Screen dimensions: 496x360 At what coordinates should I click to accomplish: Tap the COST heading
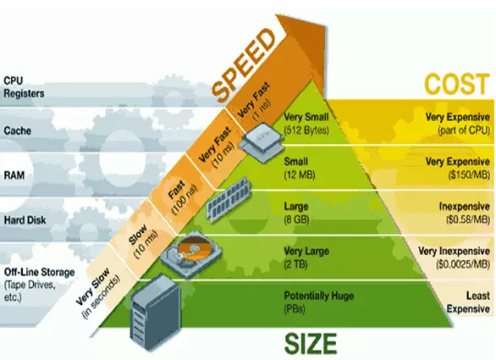click(x=456, y=84)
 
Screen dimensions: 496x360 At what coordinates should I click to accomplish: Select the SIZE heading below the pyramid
click(x=311, y=344)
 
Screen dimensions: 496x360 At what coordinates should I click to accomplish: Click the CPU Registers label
click(x=24, y=87)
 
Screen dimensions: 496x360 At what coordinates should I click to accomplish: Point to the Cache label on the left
click(x=18, y=130)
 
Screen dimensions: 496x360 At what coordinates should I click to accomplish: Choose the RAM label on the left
click(x=14, y=175)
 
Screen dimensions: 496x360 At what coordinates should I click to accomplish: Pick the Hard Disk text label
click(x=25, y=219)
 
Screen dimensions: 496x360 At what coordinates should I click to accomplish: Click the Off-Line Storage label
click(x=39, y=272)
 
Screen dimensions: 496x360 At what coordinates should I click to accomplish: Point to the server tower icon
click(x=155, y=313)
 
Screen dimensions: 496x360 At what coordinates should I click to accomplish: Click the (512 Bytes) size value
click(x=306, y=130)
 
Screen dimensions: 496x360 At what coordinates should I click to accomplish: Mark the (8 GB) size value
click(x=296, y=219)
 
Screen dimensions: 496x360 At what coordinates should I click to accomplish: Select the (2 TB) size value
click(x=295, y=264)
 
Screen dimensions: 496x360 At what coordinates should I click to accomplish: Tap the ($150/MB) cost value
click(x=469, y=174)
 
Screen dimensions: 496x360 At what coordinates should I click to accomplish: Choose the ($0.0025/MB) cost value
click(x=462, y=264)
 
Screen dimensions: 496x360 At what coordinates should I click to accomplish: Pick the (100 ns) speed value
click(x=185, y=199)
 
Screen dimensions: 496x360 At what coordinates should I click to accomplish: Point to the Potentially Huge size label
click(x=318, y=296)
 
